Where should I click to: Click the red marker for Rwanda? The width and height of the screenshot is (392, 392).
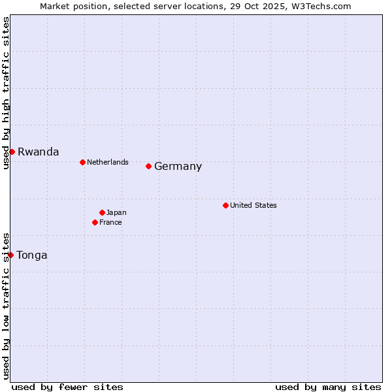(x=12, y=152)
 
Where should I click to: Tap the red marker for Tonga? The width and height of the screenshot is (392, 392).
(x=11, y=255)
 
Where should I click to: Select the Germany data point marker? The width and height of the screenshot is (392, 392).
(x=148, y=166)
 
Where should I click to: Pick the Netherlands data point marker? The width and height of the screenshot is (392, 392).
(x=82, y=162)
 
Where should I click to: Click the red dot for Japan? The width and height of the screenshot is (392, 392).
(x=102, y=212)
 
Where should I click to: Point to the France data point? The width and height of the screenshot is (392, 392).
(x=95, y=222)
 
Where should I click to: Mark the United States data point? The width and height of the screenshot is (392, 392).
(x=225, y=205)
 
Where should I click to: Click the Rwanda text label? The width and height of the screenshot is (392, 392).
(x=38, y=152)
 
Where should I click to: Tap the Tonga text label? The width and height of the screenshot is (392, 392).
(x=32, y=255)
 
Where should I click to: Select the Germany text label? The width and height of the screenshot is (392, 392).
(x=178, y=166)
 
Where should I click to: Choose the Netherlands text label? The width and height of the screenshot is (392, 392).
(x=107, y=162)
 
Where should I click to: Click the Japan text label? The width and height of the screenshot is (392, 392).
(x=116, y=212)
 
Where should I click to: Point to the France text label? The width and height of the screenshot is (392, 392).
(x=110, y=222)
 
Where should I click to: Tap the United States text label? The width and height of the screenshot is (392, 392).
(x=253, y=205)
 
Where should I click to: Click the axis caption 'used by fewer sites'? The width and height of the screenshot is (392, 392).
(x=67, y=387)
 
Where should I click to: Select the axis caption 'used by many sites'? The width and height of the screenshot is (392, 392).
(x=328, y=387)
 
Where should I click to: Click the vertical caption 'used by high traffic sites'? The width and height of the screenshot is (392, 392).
(x=6, y=93)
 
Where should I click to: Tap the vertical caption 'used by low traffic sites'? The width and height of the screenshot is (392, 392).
(x=6, y=306)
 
